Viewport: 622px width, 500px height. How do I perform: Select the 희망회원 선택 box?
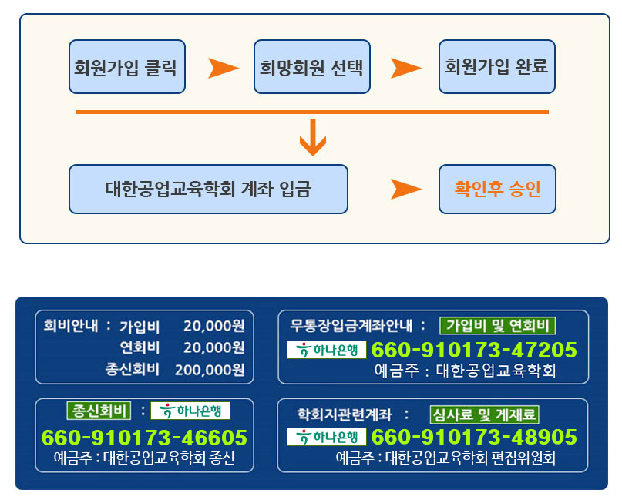click(312, 67)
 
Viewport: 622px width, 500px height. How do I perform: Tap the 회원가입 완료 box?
click(496, 67)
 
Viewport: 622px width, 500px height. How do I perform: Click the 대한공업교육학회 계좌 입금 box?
click(208, 189)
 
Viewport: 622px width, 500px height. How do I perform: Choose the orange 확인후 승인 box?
click(496, 189)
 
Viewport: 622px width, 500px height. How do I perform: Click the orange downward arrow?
click(312, 137)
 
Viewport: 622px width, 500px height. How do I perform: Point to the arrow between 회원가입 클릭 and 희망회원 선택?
click(223, 68)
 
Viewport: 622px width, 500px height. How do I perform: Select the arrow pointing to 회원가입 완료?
click(405, 68)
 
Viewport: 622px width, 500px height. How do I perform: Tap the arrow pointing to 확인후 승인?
click(405, 189)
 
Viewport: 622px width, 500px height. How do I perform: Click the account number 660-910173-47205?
click(474, 351)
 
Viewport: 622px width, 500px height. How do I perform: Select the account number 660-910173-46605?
click(144, 438)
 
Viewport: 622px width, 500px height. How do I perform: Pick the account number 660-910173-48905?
click(474, 438)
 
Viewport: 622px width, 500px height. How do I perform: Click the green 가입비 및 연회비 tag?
click(497, 325)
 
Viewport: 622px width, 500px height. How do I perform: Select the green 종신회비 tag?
click(99, 410)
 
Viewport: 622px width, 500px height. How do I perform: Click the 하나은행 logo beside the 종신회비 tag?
click(190, 411)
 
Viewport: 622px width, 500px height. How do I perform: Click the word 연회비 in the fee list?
click(140, 347)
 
